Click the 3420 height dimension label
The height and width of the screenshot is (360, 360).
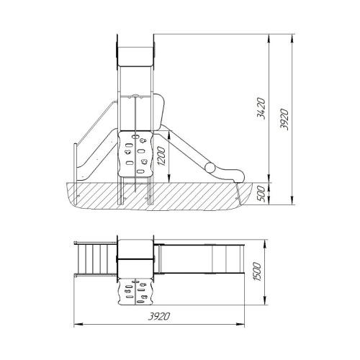click(x=261, y=109)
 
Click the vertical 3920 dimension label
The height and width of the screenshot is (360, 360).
click(x=284, y=120)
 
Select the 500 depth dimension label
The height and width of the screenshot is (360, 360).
click(x=261, y=194)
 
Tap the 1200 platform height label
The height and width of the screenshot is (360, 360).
click(x=161, y=156)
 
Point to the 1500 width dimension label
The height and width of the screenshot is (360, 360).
click(x=257, y=272)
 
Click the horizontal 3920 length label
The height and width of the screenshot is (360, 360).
click(x=158, y=316)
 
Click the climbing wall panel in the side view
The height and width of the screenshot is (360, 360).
click(x=135, y=153)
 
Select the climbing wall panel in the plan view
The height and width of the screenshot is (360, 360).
click(x=135, y=292)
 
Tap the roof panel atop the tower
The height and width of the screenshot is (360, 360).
click(x=135, y=57)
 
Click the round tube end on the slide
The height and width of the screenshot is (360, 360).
click(x=210, y=168)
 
